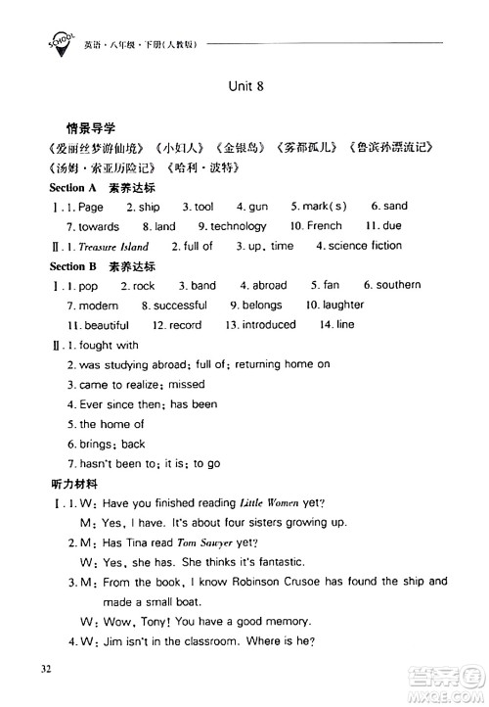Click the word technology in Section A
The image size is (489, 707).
[x=238, y=226]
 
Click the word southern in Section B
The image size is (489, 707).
[x=398, y=285]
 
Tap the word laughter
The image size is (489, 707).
[x=342, y=306]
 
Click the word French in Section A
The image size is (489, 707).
[x=324, y=226]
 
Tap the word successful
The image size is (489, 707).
[x=180, y=306]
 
